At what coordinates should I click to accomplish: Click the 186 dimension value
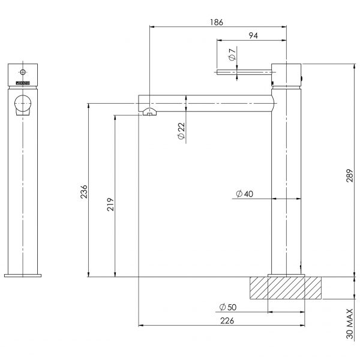click(x=217, y=22)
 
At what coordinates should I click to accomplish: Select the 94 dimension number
click(x=253, y=35)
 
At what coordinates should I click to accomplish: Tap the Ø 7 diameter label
click(x=232, y=57)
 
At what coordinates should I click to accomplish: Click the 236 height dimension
click(x=85, y=191)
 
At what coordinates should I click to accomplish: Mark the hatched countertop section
click(x=287, y=287)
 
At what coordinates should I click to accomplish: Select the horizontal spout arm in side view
click(x=204, y=101)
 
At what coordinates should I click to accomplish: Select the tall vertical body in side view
click(x=286, y=180)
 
